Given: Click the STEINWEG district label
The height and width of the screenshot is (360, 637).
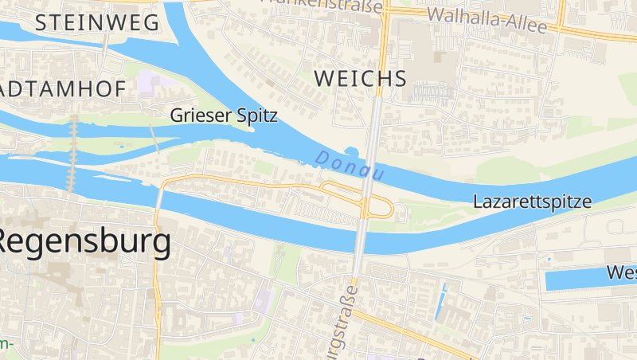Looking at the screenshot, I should tap(97, 23).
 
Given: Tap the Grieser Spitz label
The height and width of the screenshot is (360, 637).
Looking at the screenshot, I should tap(224, 115).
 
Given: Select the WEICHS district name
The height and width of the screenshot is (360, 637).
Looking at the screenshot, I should tap(360, 78).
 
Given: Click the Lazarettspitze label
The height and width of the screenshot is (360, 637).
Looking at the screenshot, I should tap(532, 202).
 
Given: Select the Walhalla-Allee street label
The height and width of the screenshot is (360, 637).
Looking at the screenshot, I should tap(487, 19).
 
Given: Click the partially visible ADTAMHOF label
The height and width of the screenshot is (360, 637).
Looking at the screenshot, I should tap(63, 88).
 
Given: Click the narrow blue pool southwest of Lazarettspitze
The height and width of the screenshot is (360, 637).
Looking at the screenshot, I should tap(440, 306).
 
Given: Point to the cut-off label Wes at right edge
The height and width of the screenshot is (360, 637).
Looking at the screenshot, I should tap(621, 272).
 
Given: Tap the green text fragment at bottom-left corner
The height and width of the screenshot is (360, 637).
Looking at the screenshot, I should tap(6, 345).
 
